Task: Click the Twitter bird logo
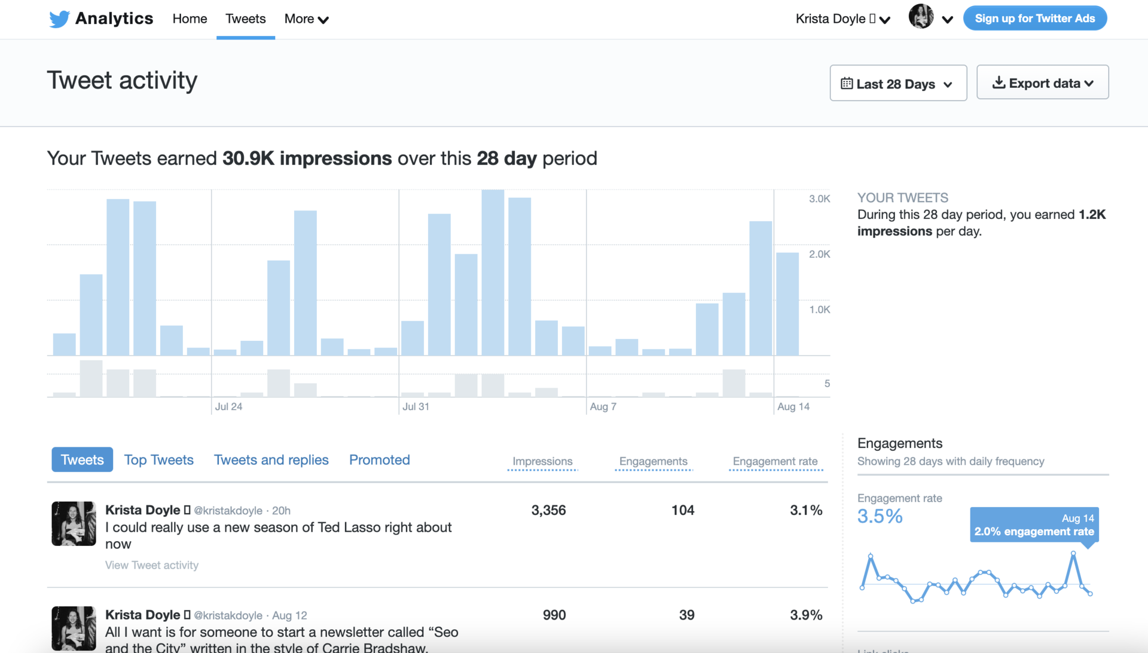pos(59,19)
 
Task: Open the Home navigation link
pos(190,19)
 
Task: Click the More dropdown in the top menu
pos(306,19)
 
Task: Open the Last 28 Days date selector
pos(897,84)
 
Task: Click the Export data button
pos(1042,83)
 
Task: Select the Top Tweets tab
pos(158,460)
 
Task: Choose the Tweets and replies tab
pos(271,460)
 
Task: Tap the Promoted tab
pos(379,460)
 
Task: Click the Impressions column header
pos(542,462)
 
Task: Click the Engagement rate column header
pos(775,462)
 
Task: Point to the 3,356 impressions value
pos(548,510)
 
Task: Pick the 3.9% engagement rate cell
pos(805,615)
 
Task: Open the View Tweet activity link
pos(151,565)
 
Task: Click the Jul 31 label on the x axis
pos(416,407)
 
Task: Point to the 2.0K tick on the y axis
pos(819,254)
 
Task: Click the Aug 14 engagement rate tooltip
pos(1034,525)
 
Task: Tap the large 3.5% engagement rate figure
pos(880,516)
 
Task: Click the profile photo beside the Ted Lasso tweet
pos(74,523)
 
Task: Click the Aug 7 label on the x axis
pos(603,407)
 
